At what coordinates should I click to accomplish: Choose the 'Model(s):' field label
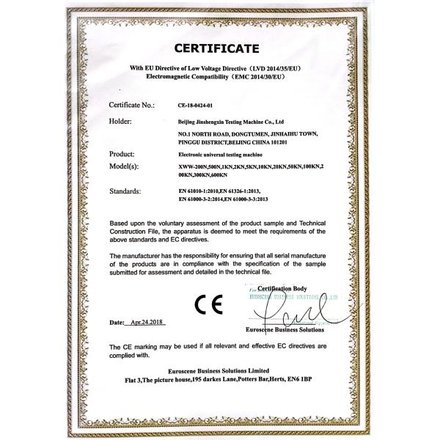[125, 168]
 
